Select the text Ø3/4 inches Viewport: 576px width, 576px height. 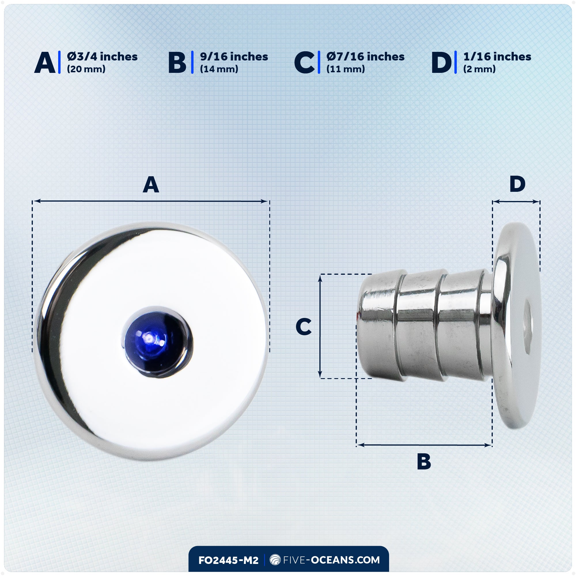click(x=102, y=56)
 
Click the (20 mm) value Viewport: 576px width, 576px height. click(x=86, y=69)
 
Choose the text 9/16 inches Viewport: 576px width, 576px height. click(x=234, y=56)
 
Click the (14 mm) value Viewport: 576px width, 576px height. click(x=219, y=69)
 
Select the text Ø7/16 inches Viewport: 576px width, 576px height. click(x=365, y=56)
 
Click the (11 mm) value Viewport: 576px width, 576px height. click(x=346, y=69)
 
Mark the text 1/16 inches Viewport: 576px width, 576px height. click(x=497, y=56)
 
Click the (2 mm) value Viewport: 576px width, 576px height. click(x=479, y=69)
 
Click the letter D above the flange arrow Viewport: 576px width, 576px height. click(x=517, y=184)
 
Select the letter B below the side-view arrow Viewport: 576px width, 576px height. click(x=424, y=461)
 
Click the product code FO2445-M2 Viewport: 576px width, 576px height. click(x=228, y=560)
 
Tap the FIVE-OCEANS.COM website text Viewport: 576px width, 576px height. click(x=331, y=560)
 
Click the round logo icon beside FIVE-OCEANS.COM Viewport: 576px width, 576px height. click(x=275, y=560)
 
